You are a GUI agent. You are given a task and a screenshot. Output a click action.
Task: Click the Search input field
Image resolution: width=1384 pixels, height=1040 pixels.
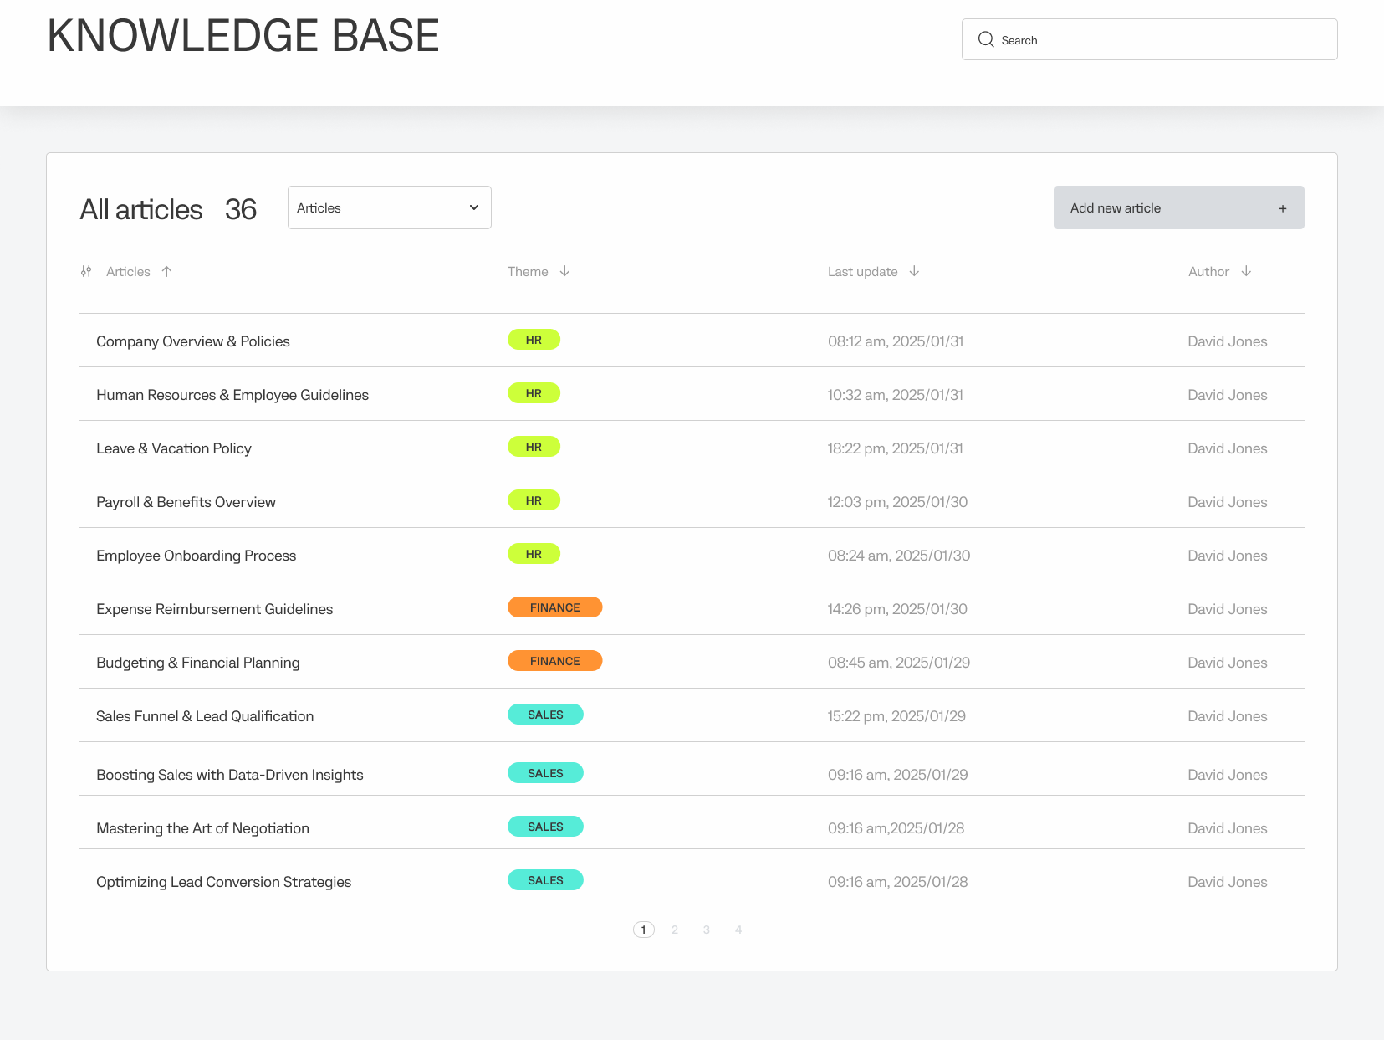click(1162, 39)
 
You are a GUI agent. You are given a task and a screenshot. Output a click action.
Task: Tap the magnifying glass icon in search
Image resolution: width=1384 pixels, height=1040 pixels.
click(986, 39)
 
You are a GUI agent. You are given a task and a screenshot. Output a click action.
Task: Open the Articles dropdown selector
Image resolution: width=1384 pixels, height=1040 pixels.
click(389, 207)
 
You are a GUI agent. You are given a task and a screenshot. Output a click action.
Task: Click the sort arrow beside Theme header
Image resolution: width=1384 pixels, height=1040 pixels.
click(565, 271)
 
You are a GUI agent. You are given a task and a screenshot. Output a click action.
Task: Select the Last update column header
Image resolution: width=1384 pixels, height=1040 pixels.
click(862, 272)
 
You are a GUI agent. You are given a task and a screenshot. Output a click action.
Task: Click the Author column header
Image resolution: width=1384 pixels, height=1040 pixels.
click(1208, 272)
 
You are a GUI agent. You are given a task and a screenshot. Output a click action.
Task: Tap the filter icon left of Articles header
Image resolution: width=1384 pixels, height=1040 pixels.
click(86, 271)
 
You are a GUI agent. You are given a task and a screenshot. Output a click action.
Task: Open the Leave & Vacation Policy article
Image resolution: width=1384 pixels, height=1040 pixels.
click(174, 448)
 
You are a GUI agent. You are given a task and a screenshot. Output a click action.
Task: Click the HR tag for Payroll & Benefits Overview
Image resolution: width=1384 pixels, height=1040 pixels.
click(534, 500)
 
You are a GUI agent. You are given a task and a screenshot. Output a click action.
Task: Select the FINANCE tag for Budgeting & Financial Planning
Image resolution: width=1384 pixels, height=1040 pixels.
click(554, 661)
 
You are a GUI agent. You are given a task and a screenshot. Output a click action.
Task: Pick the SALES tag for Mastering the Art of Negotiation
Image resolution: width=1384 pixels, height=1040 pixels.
click(545, 827)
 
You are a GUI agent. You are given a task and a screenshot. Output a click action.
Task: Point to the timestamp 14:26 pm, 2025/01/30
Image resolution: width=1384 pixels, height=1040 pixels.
click(897, 609)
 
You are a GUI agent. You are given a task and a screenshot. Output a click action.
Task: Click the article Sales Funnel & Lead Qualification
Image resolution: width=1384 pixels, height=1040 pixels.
click(205, 716)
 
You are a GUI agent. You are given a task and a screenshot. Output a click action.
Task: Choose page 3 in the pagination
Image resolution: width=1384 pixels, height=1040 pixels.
click(707, 930)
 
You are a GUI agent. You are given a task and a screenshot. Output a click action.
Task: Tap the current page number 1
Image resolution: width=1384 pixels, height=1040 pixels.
click(643, 930)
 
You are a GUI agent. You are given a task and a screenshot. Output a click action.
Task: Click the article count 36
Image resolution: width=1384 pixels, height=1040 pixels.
click(241, 209)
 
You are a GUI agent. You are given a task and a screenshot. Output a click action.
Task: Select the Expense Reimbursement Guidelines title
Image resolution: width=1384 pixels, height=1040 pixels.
click(215, 609)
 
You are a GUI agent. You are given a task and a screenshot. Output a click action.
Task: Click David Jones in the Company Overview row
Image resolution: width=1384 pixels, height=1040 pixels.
click(1227, 341)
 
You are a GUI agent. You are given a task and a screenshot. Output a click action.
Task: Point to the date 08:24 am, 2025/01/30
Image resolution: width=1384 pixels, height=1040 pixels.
click(899, 556)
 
